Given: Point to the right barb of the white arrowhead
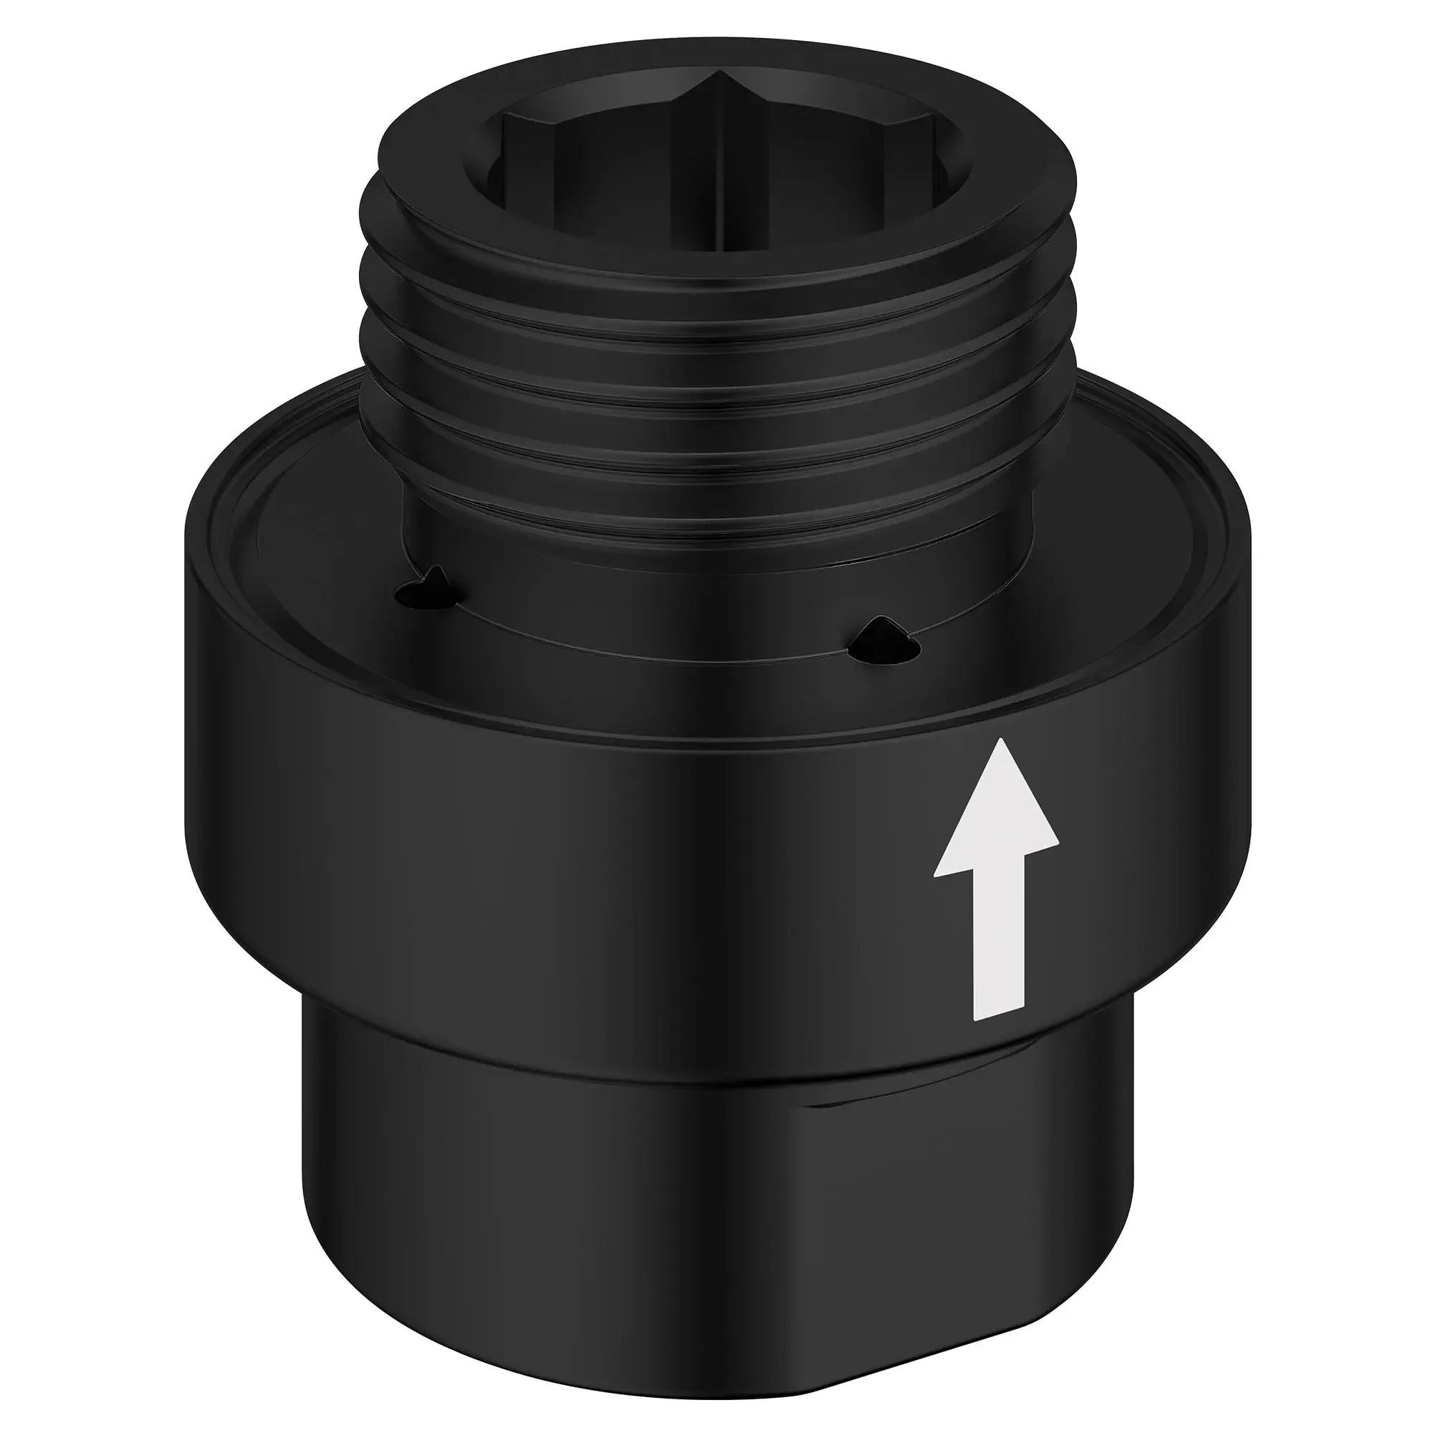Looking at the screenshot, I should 1056,842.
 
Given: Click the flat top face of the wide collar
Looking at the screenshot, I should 312,564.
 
